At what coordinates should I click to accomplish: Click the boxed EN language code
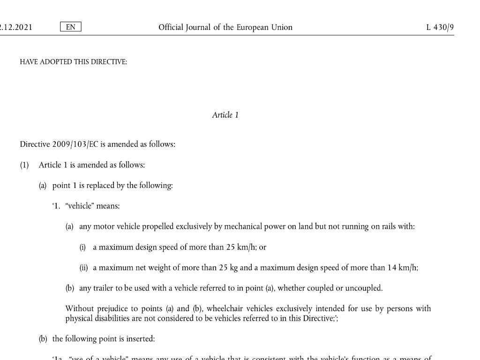[x=71, y=27]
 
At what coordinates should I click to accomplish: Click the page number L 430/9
[x=440, y=27]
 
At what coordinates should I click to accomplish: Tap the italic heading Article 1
[x=225, y=115]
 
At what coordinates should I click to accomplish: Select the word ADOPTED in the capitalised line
[x=56, y=62]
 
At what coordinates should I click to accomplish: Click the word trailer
[x=103, y=288]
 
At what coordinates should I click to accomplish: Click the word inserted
[x=140, y=339]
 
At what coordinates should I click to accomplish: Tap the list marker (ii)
[x=83, y=268]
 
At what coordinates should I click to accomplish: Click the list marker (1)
[x=24, y=165]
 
